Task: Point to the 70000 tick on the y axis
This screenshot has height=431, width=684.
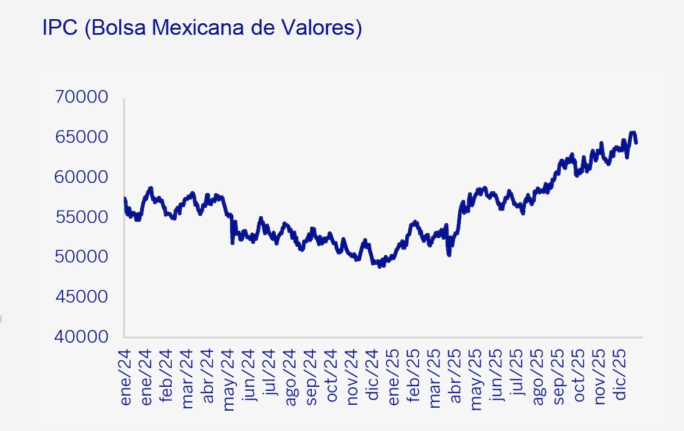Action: [x=81, y=97]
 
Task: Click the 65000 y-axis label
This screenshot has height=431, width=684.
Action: [x=81, y=137]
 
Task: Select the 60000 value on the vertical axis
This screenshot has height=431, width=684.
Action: [x=81, y=177]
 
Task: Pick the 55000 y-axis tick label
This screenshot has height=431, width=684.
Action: [x=81, y=217]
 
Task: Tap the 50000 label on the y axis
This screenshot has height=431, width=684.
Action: [x=81, y=257]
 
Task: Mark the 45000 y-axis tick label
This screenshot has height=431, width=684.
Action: [x=81, y=297]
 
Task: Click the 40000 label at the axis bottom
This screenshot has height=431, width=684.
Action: [x=81, y=337]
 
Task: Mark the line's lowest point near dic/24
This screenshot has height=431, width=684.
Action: [x=380, y=266]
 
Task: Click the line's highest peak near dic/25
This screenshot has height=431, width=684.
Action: [x=633, y=133]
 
